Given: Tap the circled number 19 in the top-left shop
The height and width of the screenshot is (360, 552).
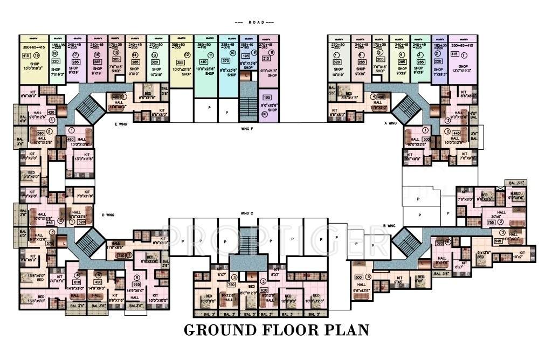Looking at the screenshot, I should [37, 55].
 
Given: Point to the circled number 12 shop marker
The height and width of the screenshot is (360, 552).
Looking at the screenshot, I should [187, 55].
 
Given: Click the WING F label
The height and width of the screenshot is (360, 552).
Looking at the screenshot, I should [247, 129].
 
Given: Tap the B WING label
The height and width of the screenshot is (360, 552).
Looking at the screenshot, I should [389, 225].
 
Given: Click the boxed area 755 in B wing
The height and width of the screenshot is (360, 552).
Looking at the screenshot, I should [491, 222].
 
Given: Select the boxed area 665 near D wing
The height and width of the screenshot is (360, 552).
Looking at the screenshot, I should [136, 284].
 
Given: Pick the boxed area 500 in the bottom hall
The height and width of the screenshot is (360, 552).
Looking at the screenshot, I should [358, 278].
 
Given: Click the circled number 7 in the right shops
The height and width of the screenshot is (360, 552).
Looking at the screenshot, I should [336, 55].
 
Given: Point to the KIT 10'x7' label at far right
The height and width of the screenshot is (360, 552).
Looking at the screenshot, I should [521, 255].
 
